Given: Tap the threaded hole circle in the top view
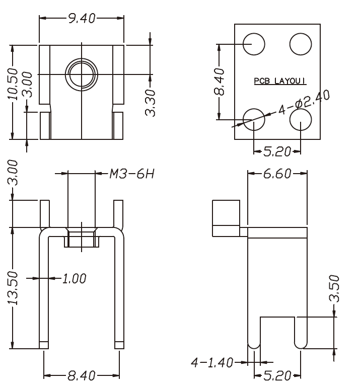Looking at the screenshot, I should (x=81, y=74).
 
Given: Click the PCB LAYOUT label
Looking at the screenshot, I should (x=280, y=80).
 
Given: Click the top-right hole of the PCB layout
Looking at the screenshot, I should (x=301, y=44).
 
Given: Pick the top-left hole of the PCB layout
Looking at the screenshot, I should (x=254, y=44).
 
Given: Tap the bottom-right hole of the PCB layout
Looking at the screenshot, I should (x=301, y=119).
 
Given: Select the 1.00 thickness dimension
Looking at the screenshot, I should (x=74, y=278).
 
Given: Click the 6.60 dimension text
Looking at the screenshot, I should (x=277, y=174).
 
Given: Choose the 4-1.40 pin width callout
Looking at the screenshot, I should (x=212, y=362).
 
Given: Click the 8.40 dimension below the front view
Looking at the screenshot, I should (x=82, y=375).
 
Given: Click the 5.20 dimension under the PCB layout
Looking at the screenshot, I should (x=277, y=151).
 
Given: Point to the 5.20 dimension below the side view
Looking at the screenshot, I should (x=277, y=375).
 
